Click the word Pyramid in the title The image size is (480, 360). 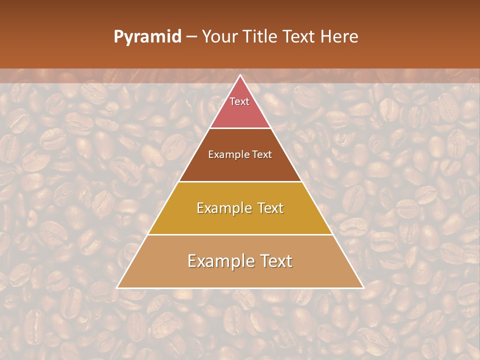coord(147,37)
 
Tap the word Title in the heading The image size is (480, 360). coord(261,37)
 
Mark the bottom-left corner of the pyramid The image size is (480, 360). coord(117,287)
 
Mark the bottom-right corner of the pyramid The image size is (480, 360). coord(363,287)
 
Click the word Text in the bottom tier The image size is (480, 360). coord(275,261)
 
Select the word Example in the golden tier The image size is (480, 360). coord(223,208)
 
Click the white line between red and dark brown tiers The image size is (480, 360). coord(240,128)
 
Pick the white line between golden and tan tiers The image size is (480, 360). coord(240,234)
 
